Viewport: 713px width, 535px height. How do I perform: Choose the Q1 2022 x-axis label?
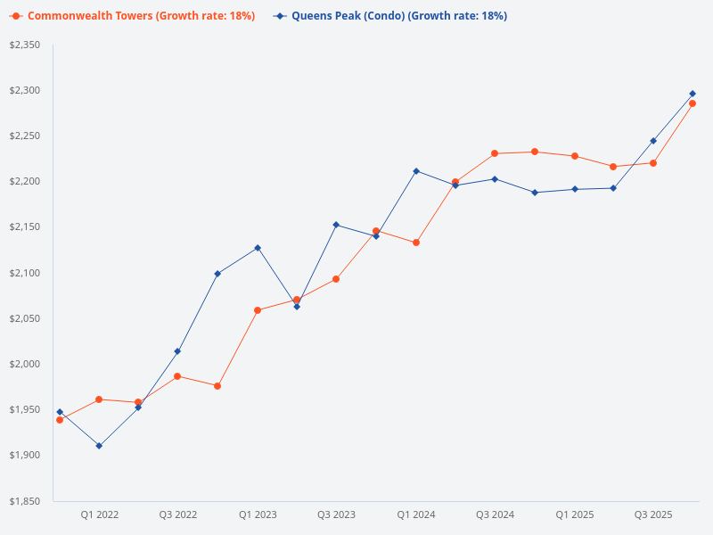99,515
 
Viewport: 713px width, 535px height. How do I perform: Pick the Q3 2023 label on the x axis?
336,515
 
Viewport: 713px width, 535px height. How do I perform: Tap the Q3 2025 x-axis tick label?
653,515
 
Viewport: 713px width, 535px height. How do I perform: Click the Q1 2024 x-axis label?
416,515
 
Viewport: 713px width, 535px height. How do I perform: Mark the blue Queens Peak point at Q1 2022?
99,446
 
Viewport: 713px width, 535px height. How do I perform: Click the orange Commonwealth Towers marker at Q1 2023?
258,310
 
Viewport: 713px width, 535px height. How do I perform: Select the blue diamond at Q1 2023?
258,248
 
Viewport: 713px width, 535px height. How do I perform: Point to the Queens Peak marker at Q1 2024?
416,171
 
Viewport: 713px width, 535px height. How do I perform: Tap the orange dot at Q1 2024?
416,243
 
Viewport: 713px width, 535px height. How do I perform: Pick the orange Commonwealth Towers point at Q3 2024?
495,153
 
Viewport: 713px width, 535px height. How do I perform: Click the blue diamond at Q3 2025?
653,141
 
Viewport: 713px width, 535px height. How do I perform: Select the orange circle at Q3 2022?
177,376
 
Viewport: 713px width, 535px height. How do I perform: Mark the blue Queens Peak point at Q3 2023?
336,225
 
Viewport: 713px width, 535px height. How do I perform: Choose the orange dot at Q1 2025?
575,156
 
